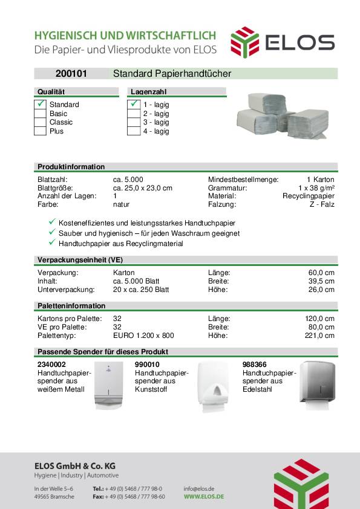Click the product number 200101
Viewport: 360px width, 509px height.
pyautogui.click(x=71, y=74)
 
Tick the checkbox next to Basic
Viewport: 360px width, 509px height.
pyautogui.click(x=40, y=114)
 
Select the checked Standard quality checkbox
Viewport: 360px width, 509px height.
pyautogui.click(x=40, y=105)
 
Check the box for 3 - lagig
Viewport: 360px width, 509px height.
pyautogui.click(x=134, y=122)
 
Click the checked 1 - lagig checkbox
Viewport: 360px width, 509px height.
pyautogui.click(x=134, y=105)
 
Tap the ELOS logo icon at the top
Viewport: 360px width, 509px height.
pyautogui.click(x=244, y=41)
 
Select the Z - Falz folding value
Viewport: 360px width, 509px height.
pyautogui.click(x=322, y=204)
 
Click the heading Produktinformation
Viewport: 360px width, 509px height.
pyautogui.click(x=71, y=167)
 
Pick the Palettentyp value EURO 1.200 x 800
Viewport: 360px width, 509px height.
pyautogui.click(x=143, y=336)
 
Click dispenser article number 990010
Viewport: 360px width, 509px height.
pyautogui.click(x=147, y=365)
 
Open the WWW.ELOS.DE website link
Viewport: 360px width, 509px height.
pyautogui.click(x=204, y=496)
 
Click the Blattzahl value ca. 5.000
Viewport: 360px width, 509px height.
pyautogui.click(x=128, y=180)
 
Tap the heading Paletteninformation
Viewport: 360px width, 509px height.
pyautogui.click(x=71, y=306)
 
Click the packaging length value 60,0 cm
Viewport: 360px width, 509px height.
pyautogui.click(x=321, y=273)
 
